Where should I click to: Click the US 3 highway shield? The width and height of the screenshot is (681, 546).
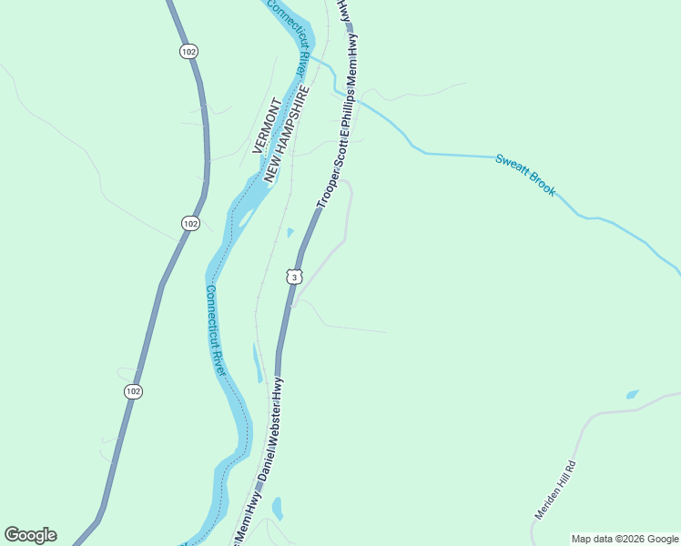(291, 276)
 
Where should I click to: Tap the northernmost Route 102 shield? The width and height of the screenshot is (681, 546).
(188, 52)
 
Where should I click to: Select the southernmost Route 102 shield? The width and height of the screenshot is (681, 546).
(133, 390)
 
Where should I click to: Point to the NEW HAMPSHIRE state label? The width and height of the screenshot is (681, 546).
(286, 136)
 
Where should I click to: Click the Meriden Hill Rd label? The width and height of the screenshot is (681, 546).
(556, 490)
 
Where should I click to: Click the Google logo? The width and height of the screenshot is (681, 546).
(30, 535)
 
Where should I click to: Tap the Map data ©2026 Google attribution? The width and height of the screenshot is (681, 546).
(625, 539)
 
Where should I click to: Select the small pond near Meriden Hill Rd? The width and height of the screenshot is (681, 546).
(632, 395)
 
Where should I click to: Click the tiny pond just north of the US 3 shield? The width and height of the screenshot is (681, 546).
(290, 232)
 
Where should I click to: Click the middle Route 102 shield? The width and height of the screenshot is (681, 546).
(189, 223)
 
